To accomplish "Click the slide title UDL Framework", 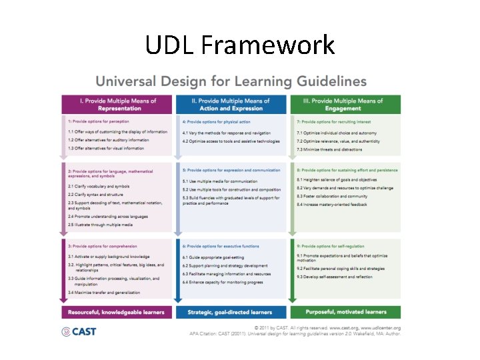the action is [240, 45].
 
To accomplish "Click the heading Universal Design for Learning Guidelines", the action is [231, 82].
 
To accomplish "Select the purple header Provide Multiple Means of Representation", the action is [118, 105].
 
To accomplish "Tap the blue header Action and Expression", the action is [231, 105].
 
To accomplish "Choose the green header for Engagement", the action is [345, 105].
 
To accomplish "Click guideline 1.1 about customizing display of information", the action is [117, 132].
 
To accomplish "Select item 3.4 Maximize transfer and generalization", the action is [104, 293].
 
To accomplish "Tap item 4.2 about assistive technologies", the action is [231, 141].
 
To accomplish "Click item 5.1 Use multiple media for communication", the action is [219, 181].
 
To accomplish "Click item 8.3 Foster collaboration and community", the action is [332, 196].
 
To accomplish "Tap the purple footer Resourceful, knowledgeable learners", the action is [116, 311].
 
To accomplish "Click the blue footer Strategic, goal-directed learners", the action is [230, 311].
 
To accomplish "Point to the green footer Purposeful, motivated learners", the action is [345, 311].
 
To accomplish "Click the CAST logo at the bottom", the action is [79, 331].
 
